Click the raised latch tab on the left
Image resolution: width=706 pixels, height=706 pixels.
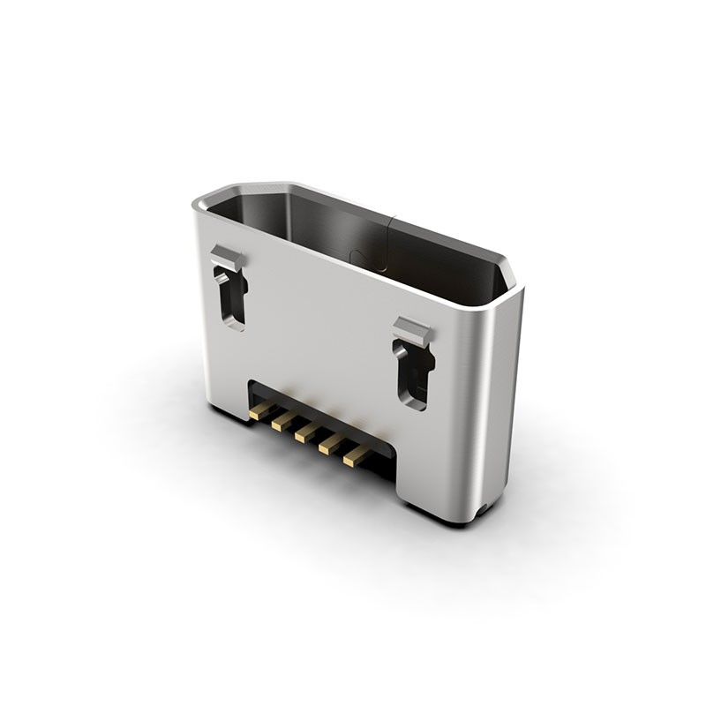[x=225, y=259]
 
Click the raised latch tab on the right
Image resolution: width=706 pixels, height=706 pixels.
[x=412, y=332]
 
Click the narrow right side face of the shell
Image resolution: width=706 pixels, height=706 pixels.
[x=503, y=397]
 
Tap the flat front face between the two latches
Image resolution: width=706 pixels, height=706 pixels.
[x=327, y=327]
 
